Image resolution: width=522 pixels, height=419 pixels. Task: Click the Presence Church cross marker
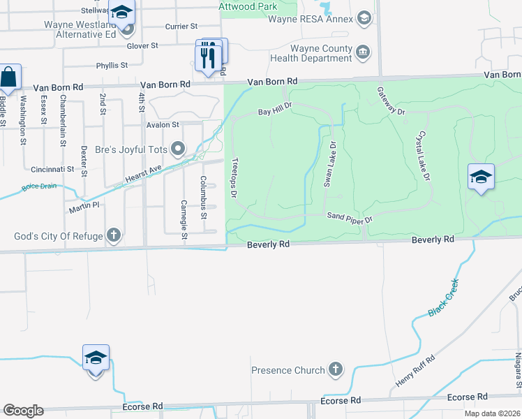point(336,369)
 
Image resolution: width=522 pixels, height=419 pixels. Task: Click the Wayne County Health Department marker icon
point(363,52)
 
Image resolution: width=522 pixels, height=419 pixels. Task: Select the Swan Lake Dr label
point(329,165)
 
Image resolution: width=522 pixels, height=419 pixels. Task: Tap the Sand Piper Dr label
point(350,218)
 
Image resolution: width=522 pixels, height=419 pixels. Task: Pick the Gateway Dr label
point(391,101)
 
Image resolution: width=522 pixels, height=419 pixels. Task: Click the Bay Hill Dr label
point(274,109)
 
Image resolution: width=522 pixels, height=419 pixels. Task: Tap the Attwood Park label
point(249,6)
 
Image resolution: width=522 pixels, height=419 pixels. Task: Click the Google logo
point(23,411)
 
